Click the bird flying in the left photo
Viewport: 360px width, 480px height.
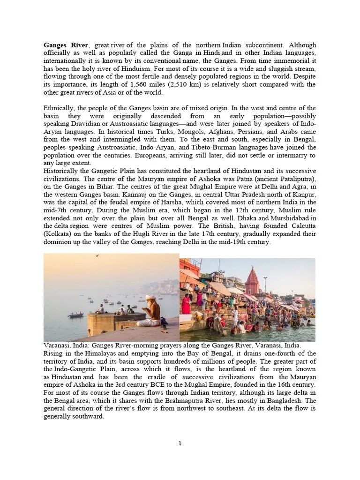click(97, 256)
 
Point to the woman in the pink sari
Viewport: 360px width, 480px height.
click(186, 304)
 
